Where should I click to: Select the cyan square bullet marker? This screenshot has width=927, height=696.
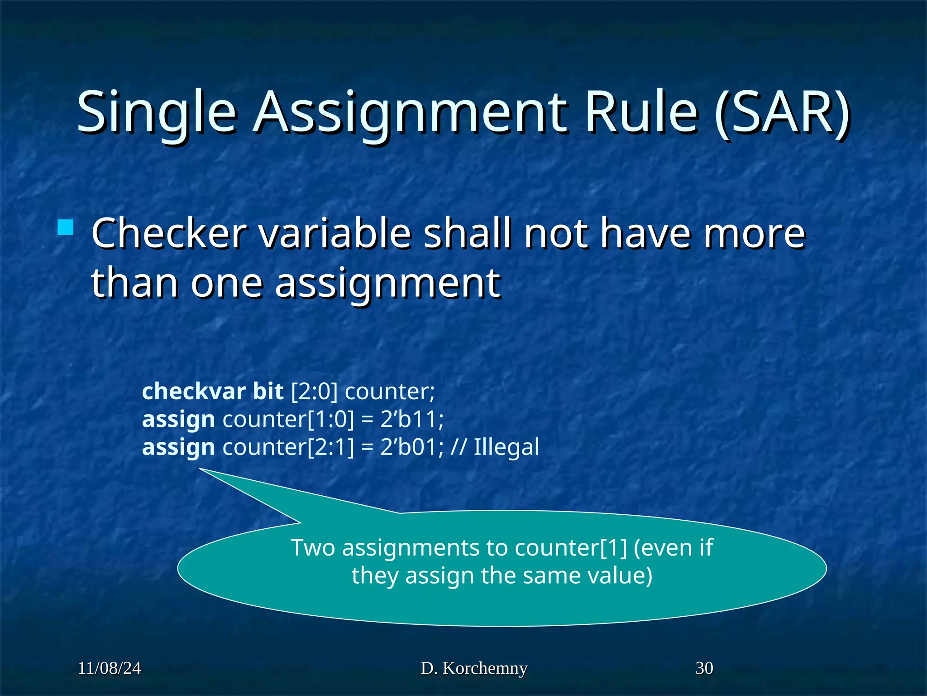66,227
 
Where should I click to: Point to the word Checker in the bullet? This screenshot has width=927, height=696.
169,233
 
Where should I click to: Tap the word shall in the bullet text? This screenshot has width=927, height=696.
468,233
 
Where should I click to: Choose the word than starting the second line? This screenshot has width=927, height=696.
134,283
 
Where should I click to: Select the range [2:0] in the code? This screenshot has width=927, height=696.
314,391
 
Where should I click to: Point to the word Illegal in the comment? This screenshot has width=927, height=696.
506,447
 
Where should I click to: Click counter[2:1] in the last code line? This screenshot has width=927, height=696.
288,447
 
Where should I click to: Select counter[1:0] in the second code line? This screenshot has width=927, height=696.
288,419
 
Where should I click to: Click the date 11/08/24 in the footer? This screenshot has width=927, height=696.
109,668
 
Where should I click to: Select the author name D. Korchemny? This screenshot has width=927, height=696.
474,668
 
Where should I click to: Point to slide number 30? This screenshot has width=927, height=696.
704,668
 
